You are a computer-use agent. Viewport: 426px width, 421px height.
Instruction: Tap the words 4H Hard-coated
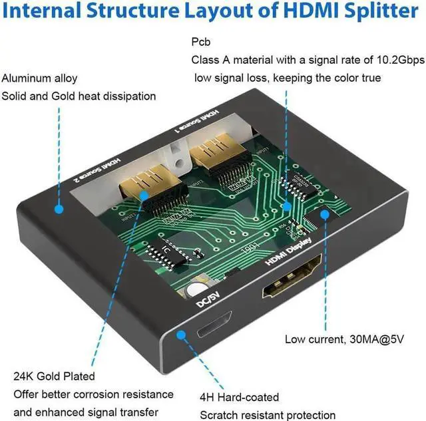pyautogui.click(x=240, y=397)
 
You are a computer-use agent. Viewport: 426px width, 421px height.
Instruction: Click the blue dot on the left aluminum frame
pyautogui.click(x=59, y=209)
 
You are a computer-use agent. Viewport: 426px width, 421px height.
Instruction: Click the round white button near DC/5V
pyautogui.click(x=195, y=290)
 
